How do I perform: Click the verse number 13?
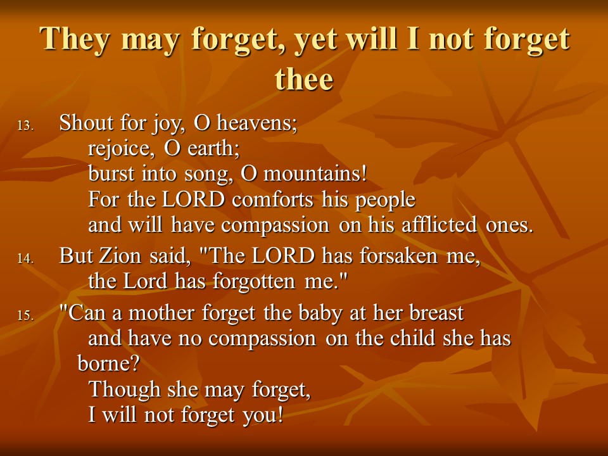[25, 125]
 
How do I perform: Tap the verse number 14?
[25, 258]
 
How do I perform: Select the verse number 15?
[25, 315]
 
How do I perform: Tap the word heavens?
[256, 123]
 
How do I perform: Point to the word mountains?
[315, 174]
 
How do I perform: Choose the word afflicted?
[439, 224]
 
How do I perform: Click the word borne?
[108, 364]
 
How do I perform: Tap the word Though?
[125, 389]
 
